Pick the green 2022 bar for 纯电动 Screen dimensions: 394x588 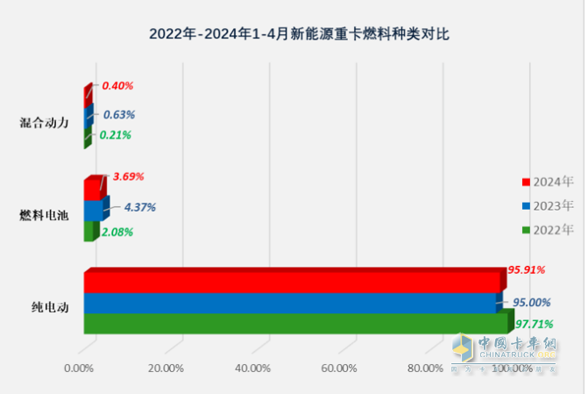(x=294, y=324)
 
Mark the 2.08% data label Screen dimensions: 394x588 (x=117, y=232)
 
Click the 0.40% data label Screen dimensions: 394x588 (x=117, y=86)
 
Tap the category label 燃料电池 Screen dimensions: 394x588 (x=44, y=215)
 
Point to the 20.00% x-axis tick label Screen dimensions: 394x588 (x=166, y=368)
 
